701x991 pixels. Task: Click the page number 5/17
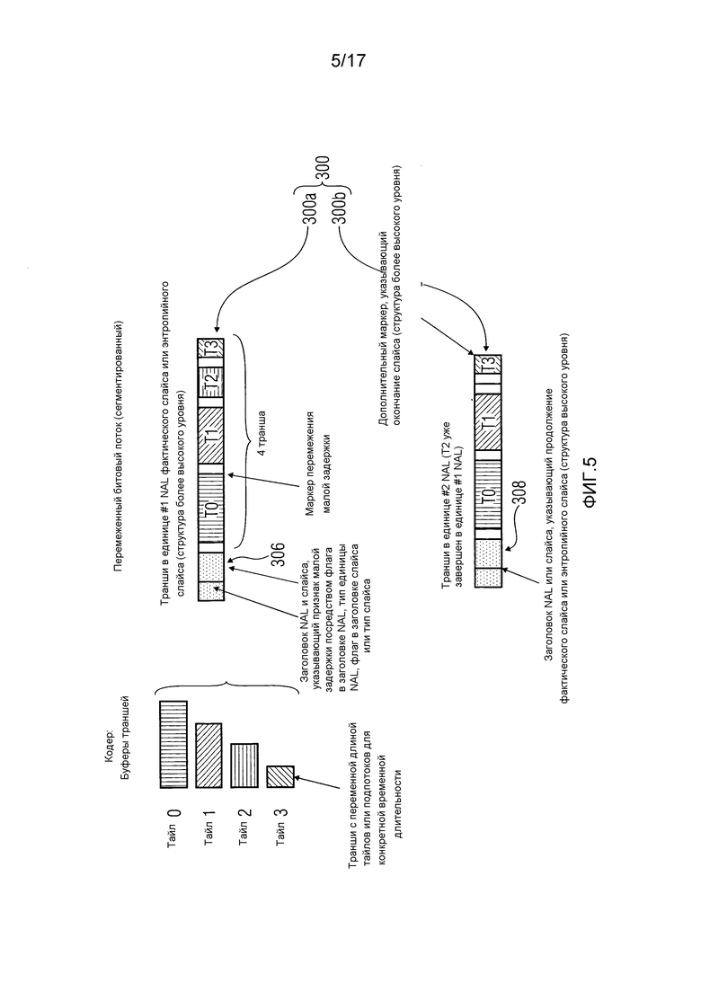pyautogui.click(x=349, y=61)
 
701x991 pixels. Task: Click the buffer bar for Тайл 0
pyautogui.click(x=173, y=744)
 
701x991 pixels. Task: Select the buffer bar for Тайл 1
pyautogui.click(x=209, y=756)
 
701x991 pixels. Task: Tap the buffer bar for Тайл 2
pyautogui.click(x=244, y=765)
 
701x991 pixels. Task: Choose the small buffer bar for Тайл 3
pyautogui.click(x=280, y=777)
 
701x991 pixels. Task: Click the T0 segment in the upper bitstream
pyautogui.click(x=211, y=503)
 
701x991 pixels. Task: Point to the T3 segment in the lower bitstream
pyautogui.click(x=488, y=365)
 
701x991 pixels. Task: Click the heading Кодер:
pyautogui.click(x=110, y=745)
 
